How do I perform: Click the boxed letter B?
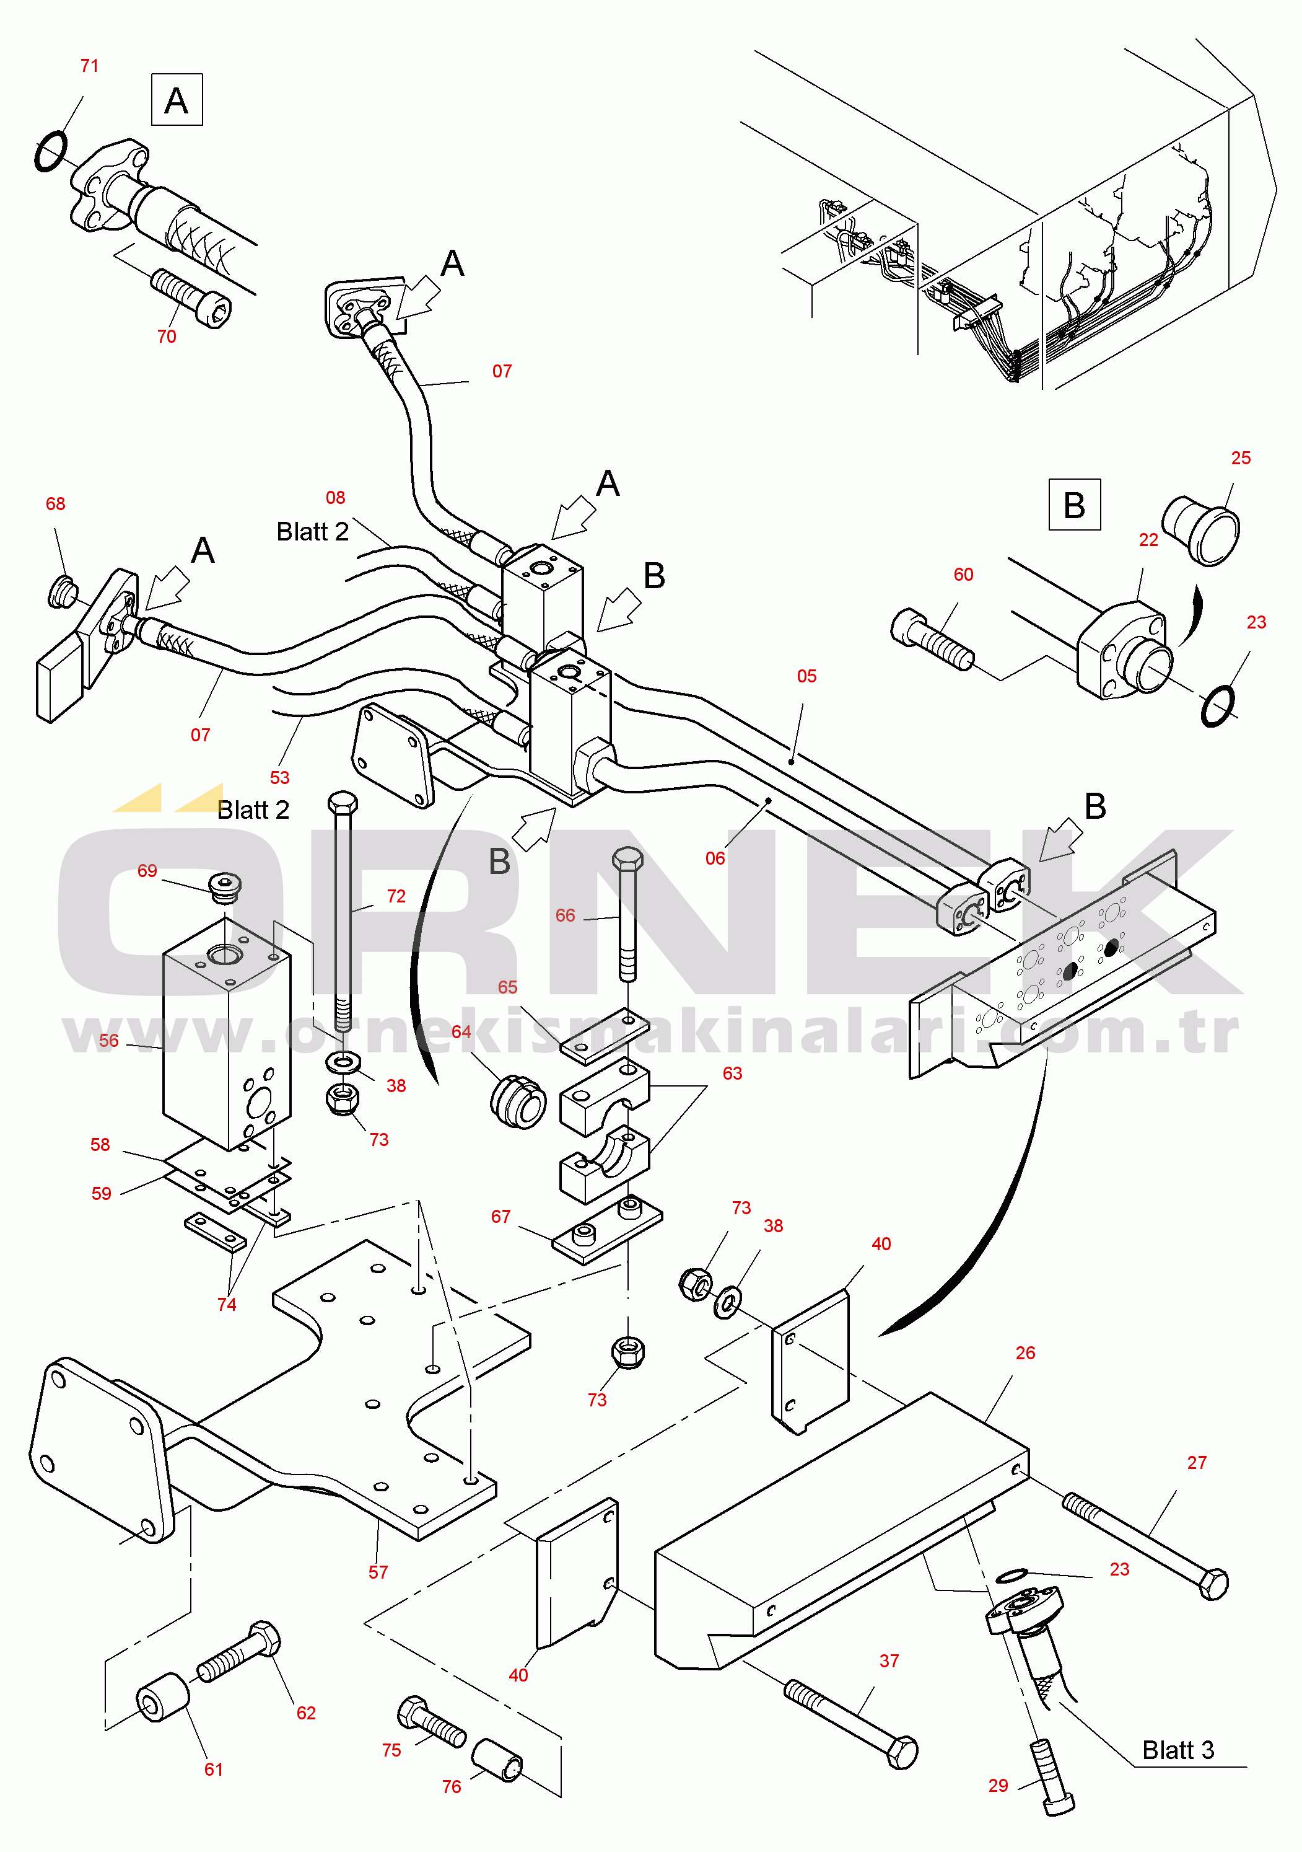point(1074,505)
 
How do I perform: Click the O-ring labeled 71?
point(51,152)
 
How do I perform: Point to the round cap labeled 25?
point(1200,530)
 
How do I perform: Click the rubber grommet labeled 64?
point(518,1101)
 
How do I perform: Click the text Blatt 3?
point(1178,1750)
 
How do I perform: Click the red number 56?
point(109,1041)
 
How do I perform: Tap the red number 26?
point(1026,1352)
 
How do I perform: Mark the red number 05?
point(807,676)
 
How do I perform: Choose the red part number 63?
point(732,1074)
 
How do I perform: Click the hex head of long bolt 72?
point(343,803)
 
